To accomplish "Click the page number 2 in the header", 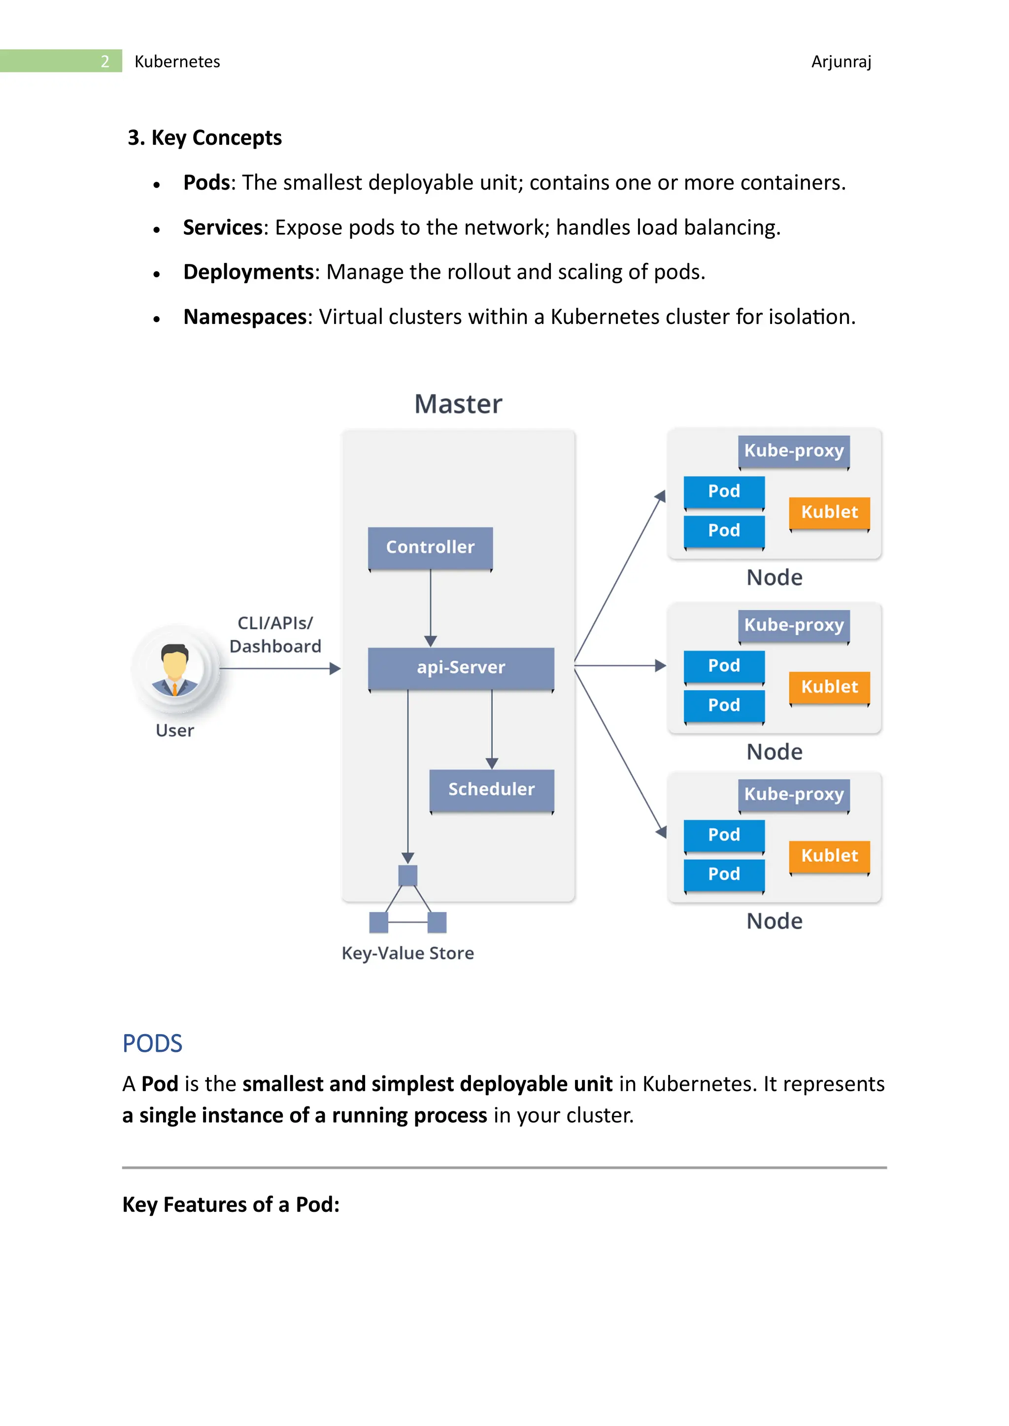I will point(104,62).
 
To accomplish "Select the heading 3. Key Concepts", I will point(204,137).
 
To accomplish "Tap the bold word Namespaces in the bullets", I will point(245,317).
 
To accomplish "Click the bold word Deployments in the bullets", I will point(248,272).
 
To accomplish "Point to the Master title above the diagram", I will point(458,404).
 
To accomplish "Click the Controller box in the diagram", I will point(430,547).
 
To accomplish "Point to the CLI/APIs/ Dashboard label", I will point(275,634).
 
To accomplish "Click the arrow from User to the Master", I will point(279,668).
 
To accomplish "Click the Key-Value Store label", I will point(407,953).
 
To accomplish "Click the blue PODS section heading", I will point(152,1043).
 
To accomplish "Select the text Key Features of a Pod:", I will point(231,1205).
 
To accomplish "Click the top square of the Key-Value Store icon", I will point(407,875).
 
